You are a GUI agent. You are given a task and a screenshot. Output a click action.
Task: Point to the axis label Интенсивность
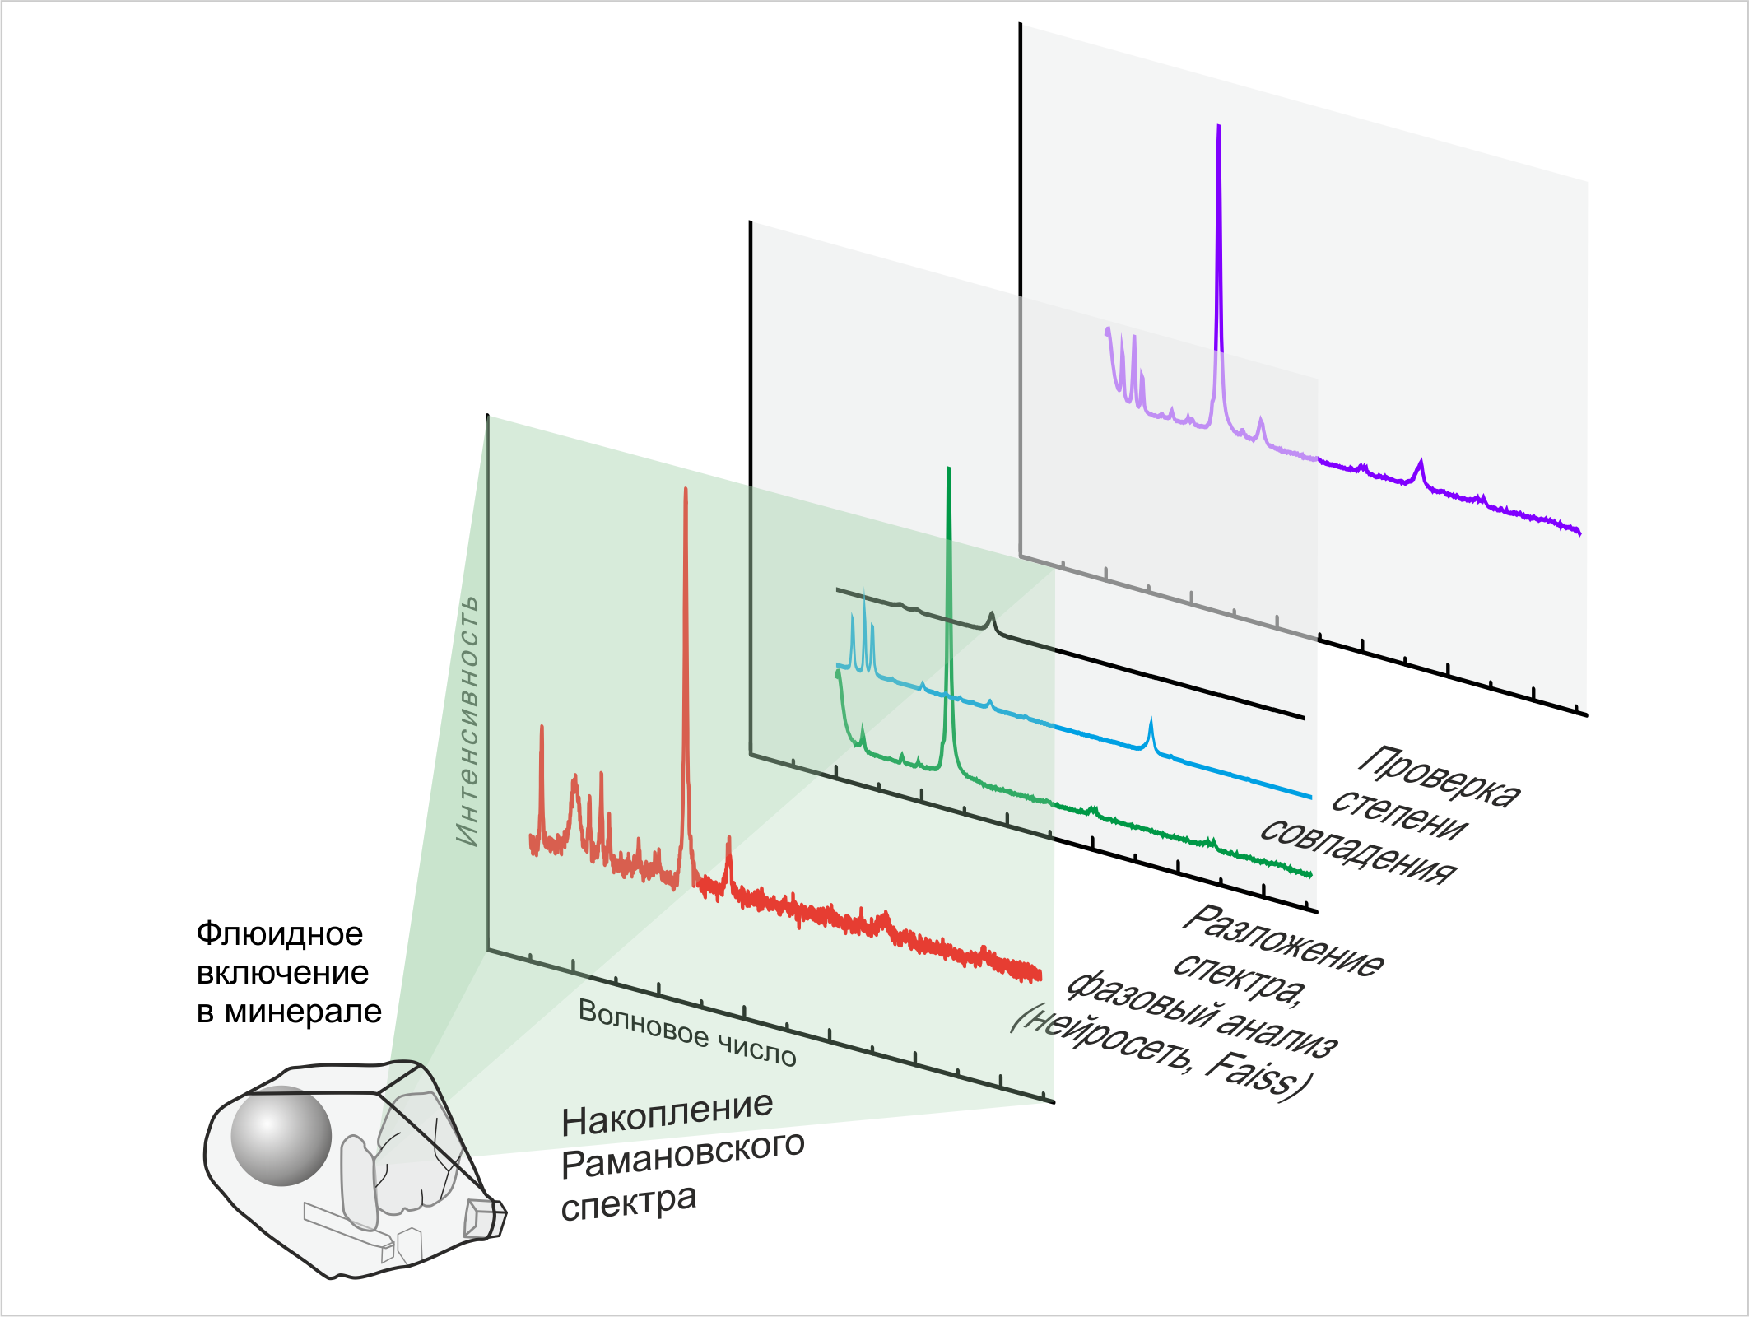coord(467,721)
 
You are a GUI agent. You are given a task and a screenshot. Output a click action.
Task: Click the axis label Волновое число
coord(687,1033)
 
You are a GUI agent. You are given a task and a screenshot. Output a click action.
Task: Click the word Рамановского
coord(683,1156)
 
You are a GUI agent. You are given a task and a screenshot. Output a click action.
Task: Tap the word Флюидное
coord(280,934)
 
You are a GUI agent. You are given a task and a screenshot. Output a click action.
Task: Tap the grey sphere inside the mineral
coord(281,1136)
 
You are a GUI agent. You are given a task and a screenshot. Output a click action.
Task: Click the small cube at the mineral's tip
coord(484,1217)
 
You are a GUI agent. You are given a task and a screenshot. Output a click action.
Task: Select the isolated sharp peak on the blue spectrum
coord(1151,723)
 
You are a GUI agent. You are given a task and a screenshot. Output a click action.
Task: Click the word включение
coord(282,973)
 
